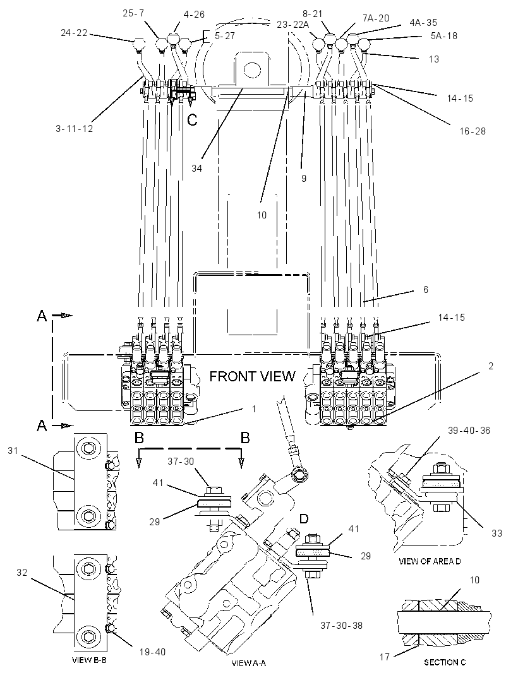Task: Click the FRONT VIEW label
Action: coord(252,376)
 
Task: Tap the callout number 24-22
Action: coord(74,33)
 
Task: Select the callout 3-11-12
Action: coord(75,128)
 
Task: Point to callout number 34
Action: coord(196,168)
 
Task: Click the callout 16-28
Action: coord(473,131)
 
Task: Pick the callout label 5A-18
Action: coord(444,35)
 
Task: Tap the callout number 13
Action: coord(434,59)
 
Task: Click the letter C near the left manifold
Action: coord(192,120)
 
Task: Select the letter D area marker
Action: coord(304,519)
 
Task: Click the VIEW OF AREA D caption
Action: coord(430,561)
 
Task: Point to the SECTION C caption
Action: coord(445,662)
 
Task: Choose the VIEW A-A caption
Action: coord(249,663)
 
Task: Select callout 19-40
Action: coord(152,652)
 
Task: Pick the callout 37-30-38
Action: coord(342,626)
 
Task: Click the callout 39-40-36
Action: coord(469,430)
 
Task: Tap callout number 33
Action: coord(497,533)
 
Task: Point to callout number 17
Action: coord(385,657)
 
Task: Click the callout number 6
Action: coord(426,289)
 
